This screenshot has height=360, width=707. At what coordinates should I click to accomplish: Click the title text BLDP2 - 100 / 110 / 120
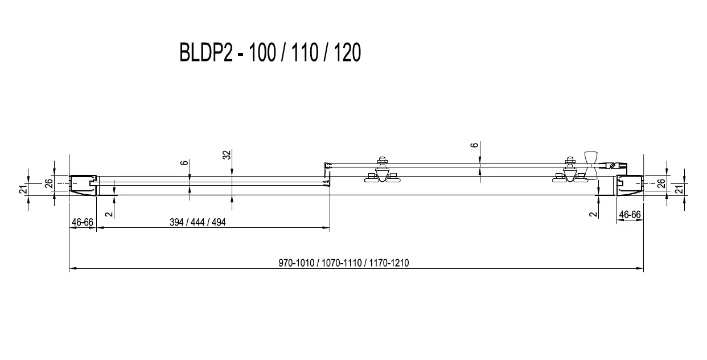270,52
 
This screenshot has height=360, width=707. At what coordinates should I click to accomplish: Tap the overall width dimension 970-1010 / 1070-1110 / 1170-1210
343,263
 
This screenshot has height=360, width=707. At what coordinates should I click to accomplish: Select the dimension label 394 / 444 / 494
198,222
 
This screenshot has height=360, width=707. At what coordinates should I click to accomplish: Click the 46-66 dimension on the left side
83,222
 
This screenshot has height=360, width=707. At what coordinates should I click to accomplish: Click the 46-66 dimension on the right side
630,215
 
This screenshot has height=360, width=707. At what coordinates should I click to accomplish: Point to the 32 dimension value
227,155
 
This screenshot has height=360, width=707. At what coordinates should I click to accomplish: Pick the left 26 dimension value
49,183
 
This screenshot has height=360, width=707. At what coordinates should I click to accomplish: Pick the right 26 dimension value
661,183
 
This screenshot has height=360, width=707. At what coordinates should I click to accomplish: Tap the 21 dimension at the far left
23,190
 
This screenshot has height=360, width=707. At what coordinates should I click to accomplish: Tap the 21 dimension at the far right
679,190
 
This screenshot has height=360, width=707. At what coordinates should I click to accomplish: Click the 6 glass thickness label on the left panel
184,163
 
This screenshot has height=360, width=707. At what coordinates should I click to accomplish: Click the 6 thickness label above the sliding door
474,145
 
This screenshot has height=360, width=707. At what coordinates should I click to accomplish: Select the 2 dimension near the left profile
109,214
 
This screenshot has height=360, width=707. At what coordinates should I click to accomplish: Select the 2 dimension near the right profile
593,214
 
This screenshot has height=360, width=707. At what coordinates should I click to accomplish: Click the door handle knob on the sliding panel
590,165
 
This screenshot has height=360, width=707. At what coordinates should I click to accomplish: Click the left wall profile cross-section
83,185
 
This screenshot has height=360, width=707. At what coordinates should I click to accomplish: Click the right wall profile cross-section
630,185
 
